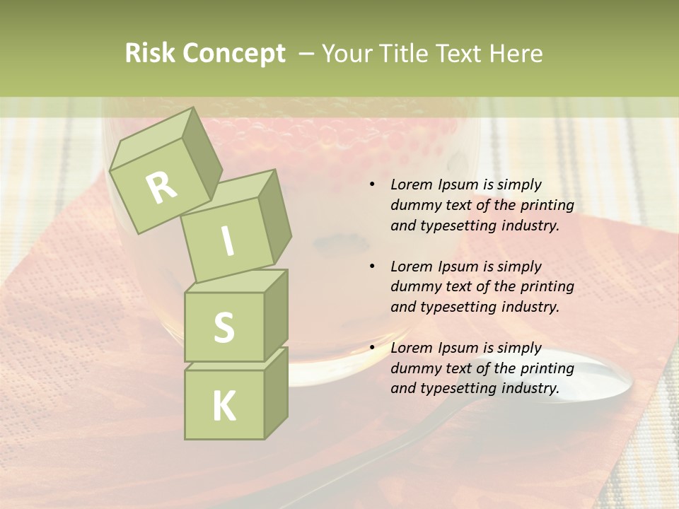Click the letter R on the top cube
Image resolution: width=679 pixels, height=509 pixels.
(x=161, y=187)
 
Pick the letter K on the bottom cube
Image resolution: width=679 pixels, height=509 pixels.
(x=224, y=406)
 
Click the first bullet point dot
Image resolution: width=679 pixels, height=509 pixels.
(x=372, y=185)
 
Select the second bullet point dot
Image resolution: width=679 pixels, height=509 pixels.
(x=372, y=267)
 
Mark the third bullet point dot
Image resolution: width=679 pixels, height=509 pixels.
(x=372, y=348)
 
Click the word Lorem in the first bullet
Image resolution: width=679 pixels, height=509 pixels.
(x=410, y=185)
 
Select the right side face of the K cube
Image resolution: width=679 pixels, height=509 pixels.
(x=276, y=392)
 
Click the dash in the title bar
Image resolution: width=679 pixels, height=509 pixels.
(x=306, y=54)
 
